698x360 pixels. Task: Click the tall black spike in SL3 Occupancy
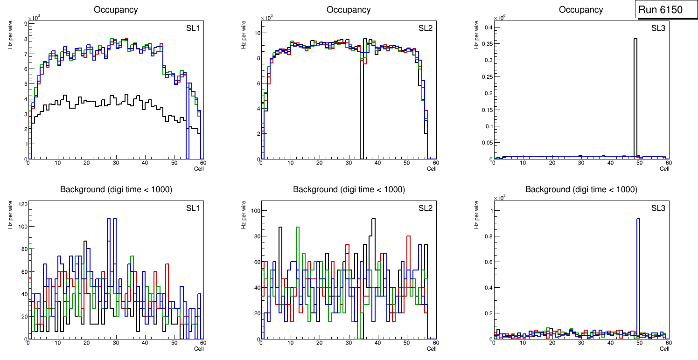coord(635,93)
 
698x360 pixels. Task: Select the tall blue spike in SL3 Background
coord(638,280)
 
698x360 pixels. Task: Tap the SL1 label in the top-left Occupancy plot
coord(193,28)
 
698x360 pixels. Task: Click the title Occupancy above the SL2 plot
coord(349,10)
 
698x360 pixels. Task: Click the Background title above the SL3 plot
coord(581,189)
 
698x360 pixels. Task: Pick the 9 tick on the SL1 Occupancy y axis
coord(25,24)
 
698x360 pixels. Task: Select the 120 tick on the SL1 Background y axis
coord(22,204)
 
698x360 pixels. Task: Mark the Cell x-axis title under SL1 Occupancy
coord(199,168)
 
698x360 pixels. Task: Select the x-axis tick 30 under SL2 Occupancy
coord(348,163)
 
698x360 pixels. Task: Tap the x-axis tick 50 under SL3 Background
coord(639,343)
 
